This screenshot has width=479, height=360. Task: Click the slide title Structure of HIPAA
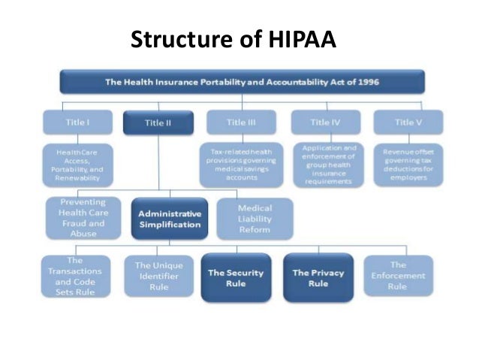(233, 40)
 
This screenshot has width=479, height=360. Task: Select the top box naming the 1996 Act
(242, 81)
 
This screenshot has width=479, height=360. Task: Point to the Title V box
(408, 121)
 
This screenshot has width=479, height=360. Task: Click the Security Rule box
(236, 277)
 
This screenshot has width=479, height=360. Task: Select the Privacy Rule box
(318, 277)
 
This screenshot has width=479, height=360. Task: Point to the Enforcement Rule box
(398, 276)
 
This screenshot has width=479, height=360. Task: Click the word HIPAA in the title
(296, 40)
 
